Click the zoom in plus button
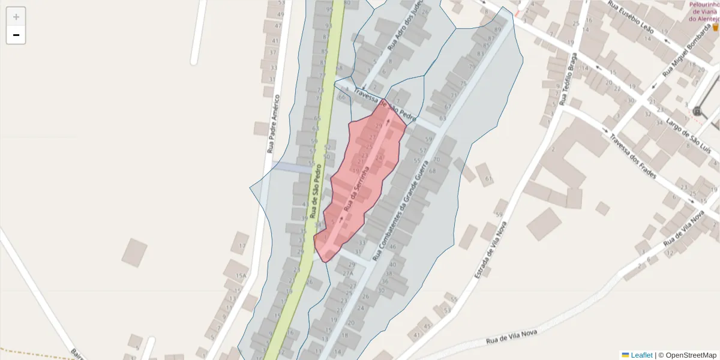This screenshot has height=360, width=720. pos(16,17)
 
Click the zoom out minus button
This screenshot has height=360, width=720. pos(16,35)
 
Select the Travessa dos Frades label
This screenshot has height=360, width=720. pos(633,157)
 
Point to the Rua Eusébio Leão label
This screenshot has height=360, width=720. pos(629,14)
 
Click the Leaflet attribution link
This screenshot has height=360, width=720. pos(641,355)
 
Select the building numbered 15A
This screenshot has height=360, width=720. pos(241,277)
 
